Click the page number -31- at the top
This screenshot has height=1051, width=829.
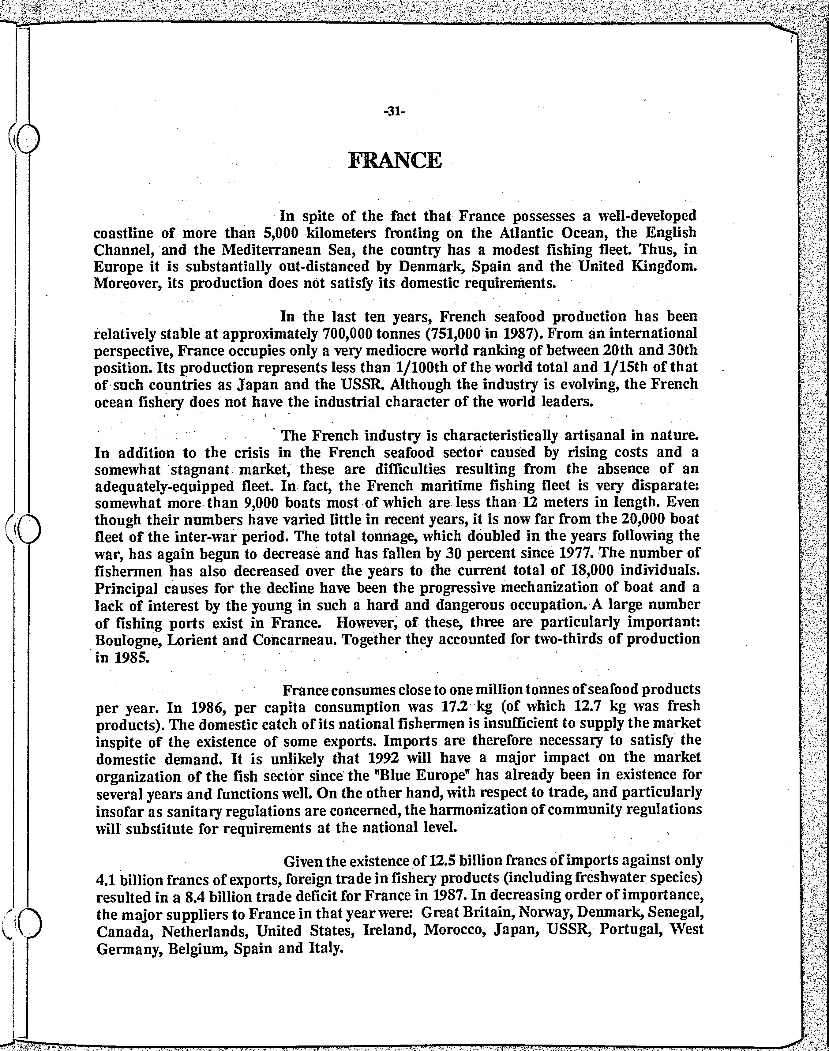coord(394,112)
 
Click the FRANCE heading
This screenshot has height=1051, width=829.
coord(395,160)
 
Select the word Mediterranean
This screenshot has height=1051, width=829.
coord(278,250)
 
